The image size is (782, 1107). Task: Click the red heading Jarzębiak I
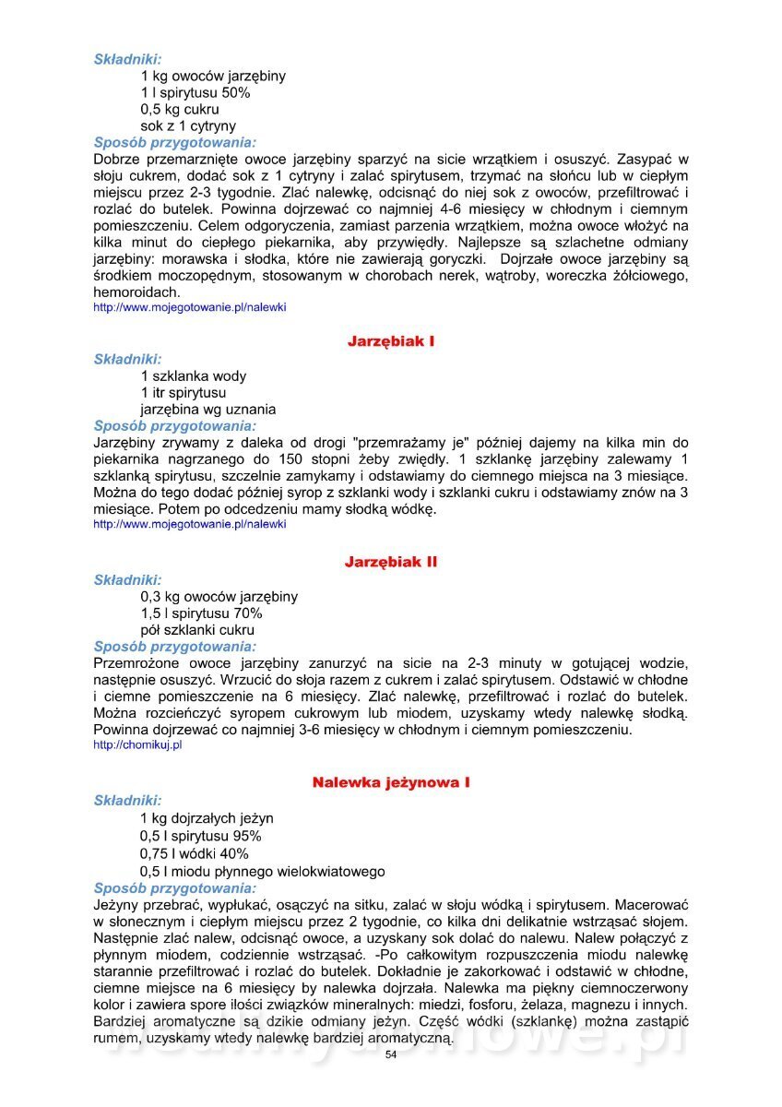[391, 341]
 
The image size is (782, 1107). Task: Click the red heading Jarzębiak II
[391, 562]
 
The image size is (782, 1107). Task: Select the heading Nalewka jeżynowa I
[391, 782]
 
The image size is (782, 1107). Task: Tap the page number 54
[391, 1054]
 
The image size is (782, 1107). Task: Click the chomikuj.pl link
[137, 745]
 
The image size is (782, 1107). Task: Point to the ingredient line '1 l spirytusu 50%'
[195, 93]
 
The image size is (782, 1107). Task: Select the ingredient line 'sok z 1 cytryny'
[188, 126]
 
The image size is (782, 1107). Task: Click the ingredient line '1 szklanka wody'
[194, 376]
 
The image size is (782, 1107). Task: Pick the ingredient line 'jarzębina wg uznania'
[207, 410]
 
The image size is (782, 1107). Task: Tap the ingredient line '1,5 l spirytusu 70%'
[201, 613]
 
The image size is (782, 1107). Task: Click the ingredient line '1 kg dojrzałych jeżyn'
[207, 818]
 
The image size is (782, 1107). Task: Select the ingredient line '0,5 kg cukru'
[180, 110]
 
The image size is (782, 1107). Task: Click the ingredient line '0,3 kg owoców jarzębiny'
[219, 597]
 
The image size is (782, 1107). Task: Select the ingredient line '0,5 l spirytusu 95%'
[201, 836]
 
